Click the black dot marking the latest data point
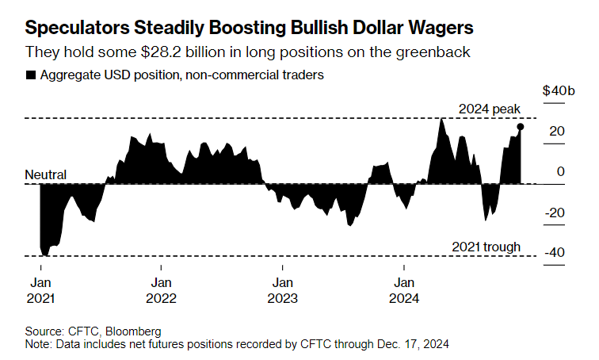point(521,126)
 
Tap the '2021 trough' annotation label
point(486,247)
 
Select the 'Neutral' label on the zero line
point(46,174)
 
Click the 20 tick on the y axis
point(559,131)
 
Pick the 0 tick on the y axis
point(562,171)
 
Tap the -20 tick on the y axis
point(555,212)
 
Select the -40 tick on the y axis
point(555,252)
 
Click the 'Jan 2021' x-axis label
point(41,290)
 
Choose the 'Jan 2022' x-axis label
point(161,290)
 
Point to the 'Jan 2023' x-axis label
point(281,290)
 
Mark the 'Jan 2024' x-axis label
point(404,290)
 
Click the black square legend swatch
point(31,75)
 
